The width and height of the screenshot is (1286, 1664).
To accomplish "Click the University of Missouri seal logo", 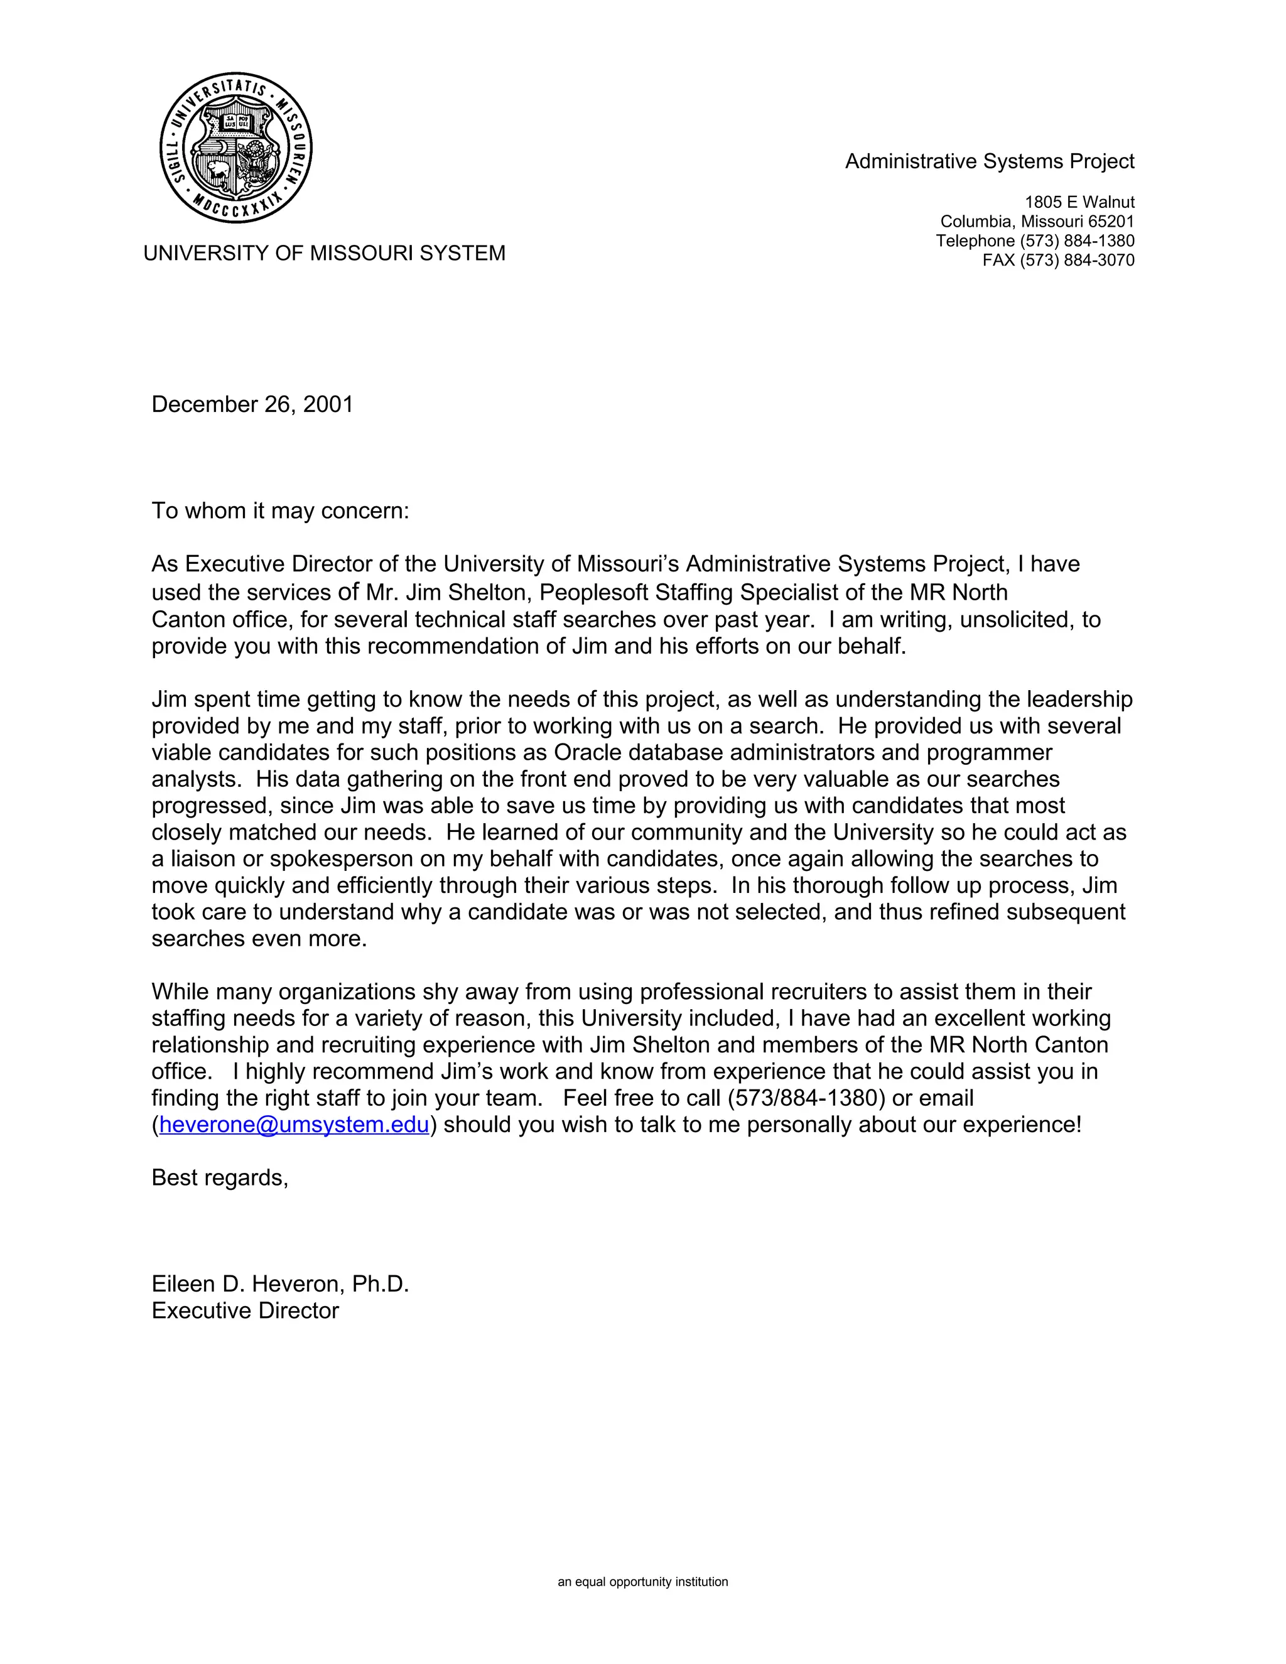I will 236,149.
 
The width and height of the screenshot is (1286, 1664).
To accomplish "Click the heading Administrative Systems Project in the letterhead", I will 989,161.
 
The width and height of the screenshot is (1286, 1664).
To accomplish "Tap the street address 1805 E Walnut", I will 1079,202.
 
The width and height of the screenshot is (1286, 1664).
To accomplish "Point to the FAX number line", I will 1057,261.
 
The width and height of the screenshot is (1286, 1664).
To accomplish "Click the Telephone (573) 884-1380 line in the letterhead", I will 1035,240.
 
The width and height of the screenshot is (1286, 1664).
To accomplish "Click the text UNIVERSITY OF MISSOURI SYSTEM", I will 324,253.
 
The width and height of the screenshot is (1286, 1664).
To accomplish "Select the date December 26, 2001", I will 252,404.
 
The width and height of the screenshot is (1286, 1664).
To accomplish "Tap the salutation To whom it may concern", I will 279,511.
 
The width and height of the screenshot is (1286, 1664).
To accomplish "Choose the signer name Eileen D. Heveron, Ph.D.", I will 279,1284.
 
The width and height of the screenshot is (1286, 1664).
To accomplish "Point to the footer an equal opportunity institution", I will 642,1582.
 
